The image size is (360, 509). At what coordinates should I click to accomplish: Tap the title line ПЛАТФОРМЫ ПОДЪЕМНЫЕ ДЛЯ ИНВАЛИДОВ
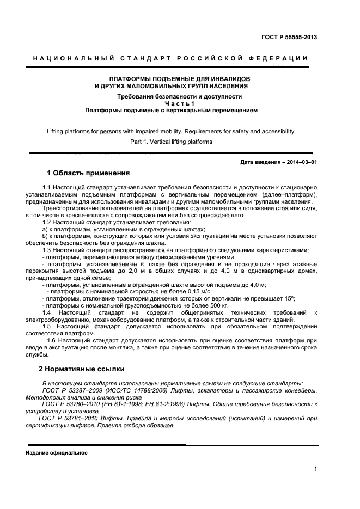click(172, 79)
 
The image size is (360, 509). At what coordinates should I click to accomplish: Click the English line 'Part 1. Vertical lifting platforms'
click(171, 142)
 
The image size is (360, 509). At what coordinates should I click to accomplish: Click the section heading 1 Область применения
click(88, 174)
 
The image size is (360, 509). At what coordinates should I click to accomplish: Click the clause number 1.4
click(47, 312)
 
